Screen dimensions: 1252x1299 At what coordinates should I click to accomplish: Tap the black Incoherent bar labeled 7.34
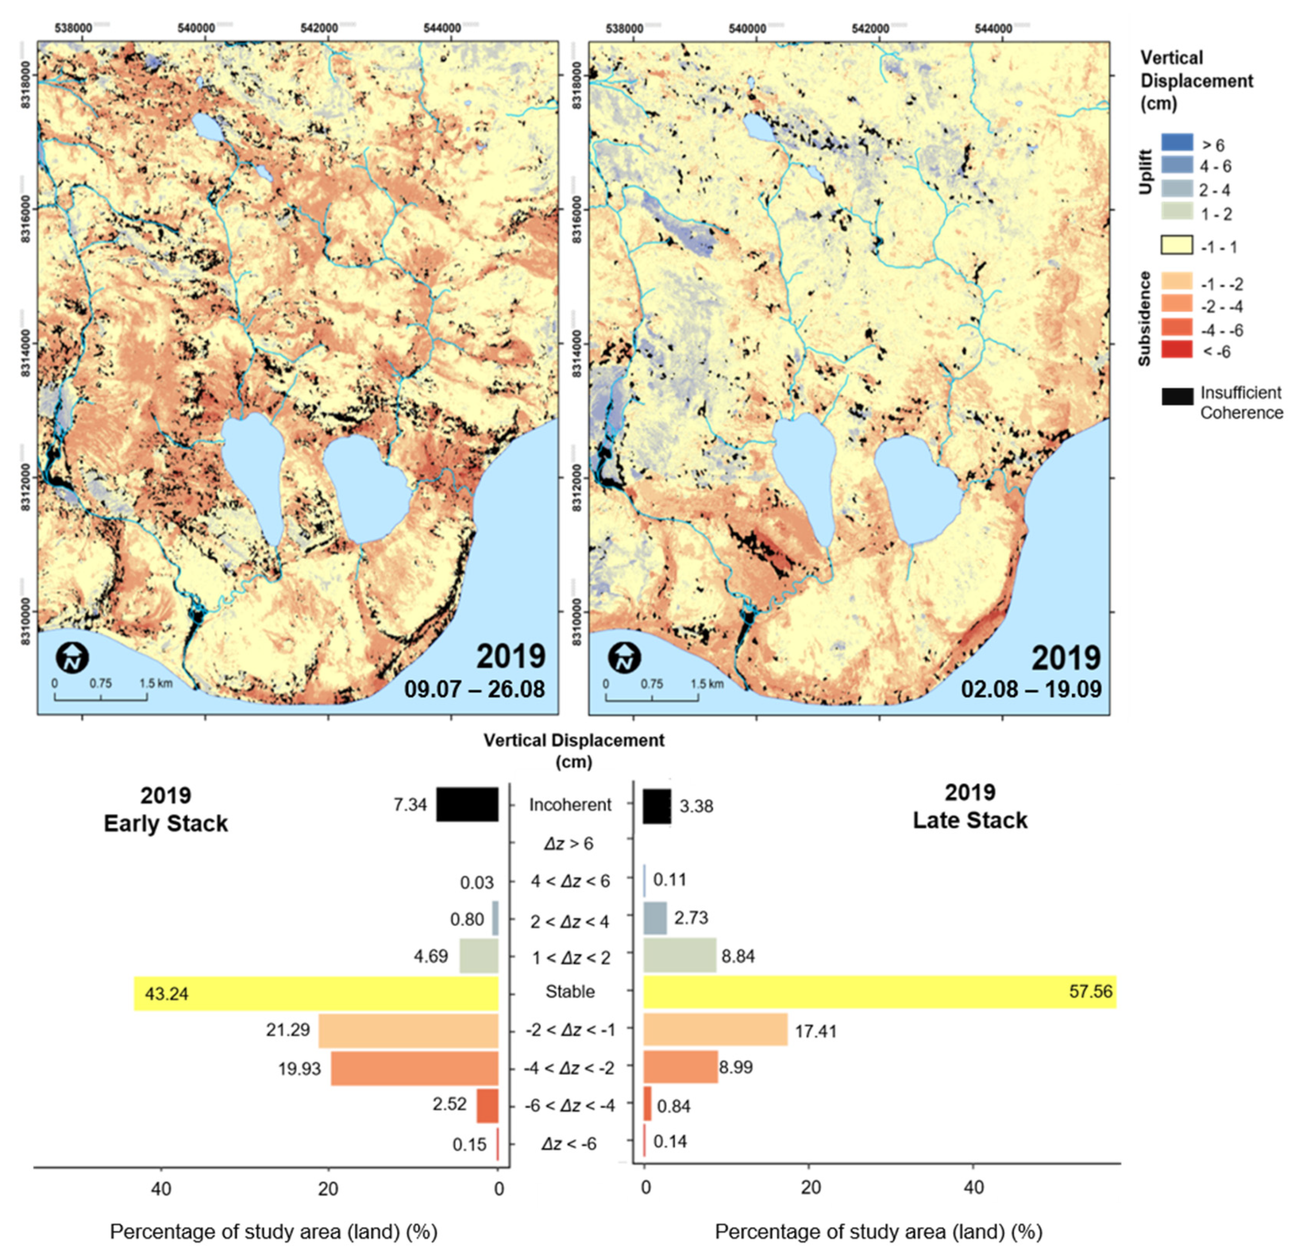point(467,804)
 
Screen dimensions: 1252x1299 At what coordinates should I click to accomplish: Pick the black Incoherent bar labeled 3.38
point(657,805)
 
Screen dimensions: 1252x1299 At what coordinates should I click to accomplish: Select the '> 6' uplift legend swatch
point(1176,142)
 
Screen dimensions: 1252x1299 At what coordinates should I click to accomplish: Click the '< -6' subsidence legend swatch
point(1176,350)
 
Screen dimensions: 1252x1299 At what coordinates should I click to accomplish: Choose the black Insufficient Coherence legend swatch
point(1176,396)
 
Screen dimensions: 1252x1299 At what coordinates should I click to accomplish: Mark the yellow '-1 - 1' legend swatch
point(1176,245)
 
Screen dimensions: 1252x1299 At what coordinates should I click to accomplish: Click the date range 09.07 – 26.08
point(474,689)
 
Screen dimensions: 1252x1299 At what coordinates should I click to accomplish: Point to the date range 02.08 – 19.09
point(1031,689)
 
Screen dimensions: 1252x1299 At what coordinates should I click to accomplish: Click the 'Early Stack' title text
point(166,823)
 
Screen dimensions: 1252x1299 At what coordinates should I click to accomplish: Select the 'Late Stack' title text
point(969,820)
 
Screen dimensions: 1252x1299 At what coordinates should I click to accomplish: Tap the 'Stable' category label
point(570,991)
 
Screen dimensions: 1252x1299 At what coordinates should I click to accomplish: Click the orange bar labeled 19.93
point(414,1068)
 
